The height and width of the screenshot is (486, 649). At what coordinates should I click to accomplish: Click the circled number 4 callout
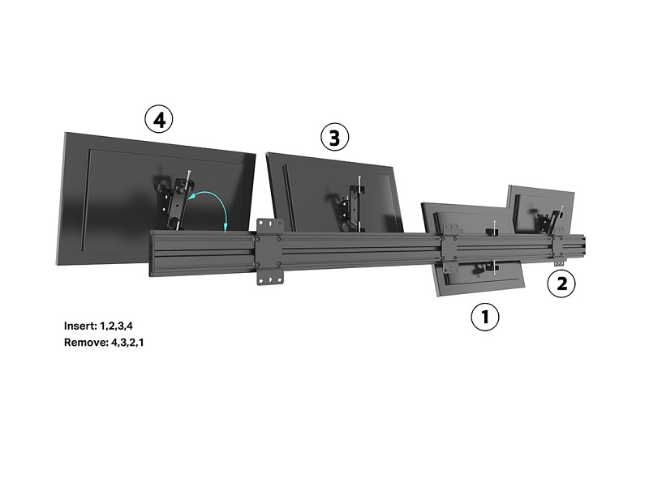(159, 119)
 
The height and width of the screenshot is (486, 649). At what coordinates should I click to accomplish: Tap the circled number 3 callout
(335, 137)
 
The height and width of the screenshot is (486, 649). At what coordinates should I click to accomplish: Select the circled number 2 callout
(561, 283)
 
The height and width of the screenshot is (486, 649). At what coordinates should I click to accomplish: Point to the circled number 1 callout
(485, 317)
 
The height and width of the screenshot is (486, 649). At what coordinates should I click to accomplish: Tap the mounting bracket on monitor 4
(177, 200)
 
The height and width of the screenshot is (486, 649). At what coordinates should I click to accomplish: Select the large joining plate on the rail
(270, 252)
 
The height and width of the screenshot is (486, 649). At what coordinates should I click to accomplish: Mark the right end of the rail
(584, 246)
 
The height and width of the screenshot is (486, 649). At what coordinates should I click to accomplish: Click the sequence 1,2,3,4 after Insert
(116, 326)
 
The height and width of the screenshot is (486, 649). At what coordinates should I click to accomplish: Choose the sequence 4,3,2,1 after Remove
(127, 343)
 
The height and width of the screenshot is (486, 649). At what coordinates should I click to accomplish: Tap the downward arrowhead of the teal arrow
(226, 228)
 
